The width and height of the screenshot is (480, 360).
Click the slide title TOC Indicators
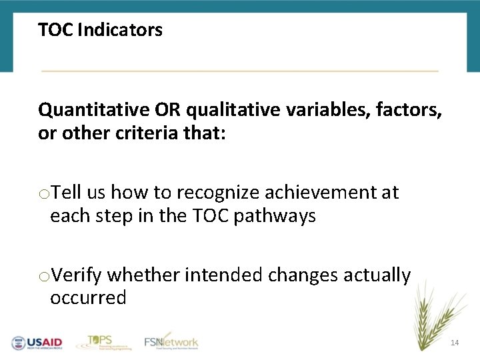pyautogui.click(x=100, y=30)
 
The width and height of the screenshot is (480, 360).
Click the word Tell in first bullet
pyautogui.click(x=67, y=193)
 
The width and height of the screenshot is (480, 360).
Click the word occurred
pyautogui.click(x=88, y=298)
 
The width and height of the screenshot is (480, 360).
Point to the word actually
pyautogui.click(x=377, y=275)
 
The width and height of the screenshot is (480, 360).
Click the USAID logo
pyautogui.click(x=37, y=343)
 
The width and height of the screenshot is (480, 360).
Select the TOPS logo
pyautogui.click(x=101, y=341)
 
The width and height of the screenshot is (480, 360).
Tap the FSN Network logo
pyautogui.click(x=171, y=341)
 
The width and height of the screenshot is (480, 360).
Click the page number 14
pyautogui.click(x=455, y=343)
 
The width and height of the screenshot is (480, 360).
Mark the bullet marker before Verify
pyautogui.click(x=43, y=276)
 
